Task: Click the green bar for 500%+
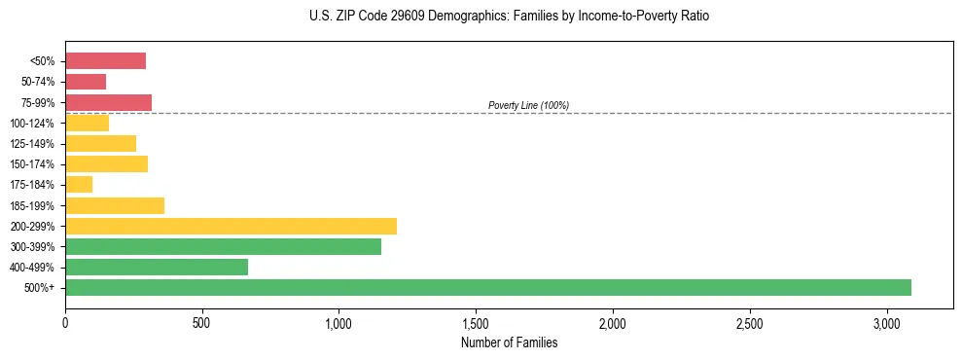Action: click(487, 288)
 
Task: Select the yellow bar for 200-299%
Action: click(231, 226)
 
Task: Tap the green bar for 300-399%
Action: click(223, 247)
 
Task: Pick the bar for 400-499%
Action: click(157, 268)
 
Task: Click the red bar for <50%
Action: click(105, 61)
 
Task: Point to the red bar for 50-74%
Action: click(86, 82)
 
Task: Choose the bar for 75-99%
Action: click(108, 102)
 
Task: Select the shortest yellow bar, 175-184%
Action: click(79, 185)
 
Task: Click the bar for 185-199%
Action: click(115, 205)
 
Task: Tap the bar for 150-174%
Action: click(106, 164)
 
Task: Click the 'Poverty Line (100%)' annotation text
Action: click(528, 105)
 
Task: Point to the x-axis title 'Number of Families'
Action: click(509, 342)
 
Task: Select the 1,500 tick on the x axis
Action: click(476, 322)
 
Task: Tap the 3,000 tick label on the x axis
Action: click(887, 322)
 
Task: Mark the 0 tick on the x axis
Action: click(65, 322)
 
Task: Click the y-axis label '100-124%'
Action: click(32, 124)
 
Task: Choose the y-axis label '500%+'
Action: click(39, 288)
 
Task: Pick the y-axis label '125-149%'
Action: click(32, 144)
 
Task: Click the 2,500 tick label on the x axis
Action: click(750, 322)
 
